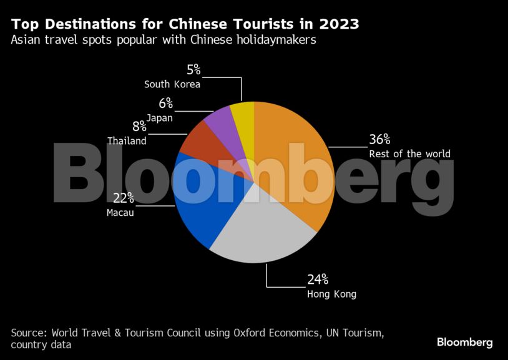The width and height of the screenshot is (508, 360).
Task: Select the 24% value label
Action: pyautogui.click(x=318, y=280)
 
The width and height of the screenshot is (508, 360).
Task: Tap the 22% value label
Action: pyautogui.click(x=123, y=198)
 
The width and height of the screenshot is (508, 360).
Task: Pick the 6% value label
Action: pyautogui.click(x=165, y=104)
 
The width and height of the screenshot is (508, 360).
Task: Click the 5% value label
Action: pyautogui.click(x=193, y=71)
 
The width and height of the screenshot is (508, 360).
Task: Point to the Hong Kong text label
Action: pyautogui.click(x=331, y=294)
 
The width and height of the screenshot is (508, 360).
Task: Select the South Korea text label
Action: pyautogui.click(x=172, y=84)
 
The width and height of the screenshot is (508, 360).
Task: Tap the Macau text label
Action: pyautogui.click(x=120, y=213)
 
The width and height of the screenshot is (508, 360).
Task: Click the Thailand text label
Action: pyautogui.click(x=127, y=141)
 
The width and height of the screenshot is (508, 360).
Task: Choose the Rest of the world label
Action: pyautogui.click(x=409, y=154)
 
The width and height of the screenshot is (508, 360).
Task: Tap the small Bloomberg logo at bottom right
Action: pyautogui.click(x=464, y=342)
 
